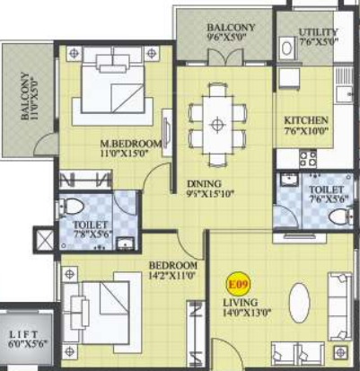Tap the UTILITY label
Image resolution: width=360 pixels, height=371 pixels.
point(318,31)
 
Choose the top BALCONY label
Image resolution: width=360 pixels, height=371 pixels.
point(232,28)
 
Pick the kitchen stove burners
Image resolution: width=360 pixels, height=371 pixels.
point(307,160)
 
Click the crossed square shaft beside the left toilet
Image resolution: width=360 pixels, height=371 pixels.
point(44,242)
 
